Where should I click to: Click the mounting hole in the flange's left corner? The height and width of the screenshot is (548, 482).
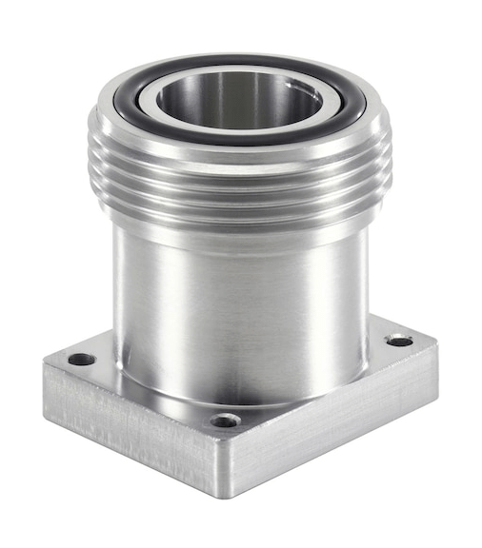pos(82,360)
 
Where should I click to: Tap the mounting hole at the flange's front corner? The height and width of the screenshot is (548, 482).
pos(225,420)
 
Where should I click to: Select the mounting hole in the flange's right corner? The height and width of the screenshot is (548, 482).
pos(399,340)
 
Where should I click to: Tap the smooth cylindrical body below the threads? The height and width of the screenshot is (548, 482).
pos(238,304)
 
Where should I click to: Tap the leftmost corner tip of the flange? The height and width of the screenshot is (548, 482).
pos(43,365)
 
